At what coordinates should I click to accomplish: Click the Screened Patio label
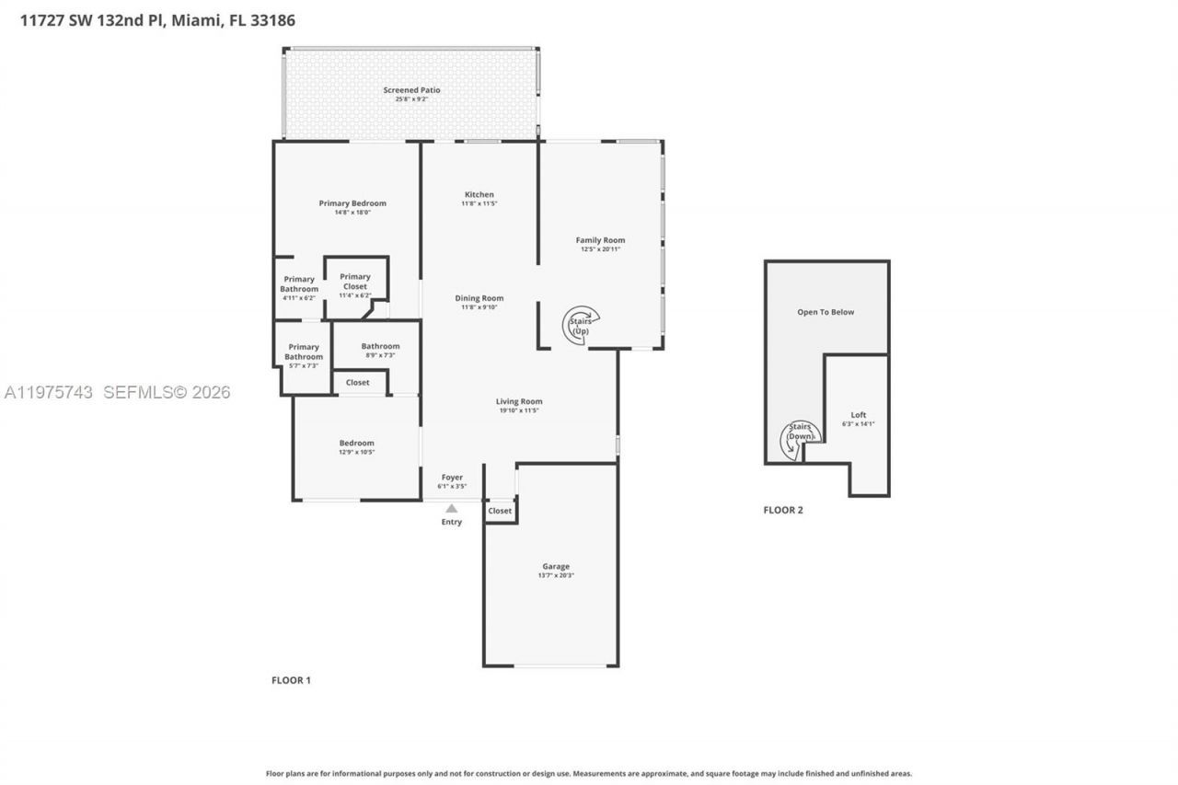pyautogui.click(x=411, y=90)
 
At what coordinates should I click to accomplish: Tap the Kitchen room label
pyautogui.click(x=479, y=194)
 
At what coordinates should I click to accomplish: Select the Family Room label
pyautogui.click(x=600, y=240)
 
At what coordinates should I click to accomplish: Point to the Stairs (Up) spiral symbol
pyautogui.click(x=581, y=325)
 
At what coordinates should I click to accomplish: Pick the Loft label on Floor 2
pyautogui.click(x=858, y=415)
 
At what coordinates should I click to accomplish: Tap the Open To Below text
pyautogui.click(x=826, y=312)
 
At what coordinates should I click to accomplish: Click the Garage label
pyautogui.click(x=555, y=567)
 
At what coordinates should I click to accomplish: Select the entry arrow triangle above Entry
pyautogui.click(x=451, y=508)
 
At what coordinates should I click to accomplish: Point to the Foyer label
pyautogui.click(x=451, y=478)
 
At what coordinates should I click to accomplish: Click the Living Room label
pyautogui.click(x=519, y=401)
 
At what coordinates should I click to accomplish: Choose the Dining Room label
pyautogui.click(x=479, y=298)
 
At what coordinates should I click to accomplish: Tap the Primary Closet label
pyautogui.click(x=354, y=282)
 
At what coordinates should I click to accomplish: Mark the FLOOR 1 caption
pyautogui.click(x=291, y=680)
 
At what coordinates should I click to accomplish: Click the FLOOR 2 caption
pyautogui.click(x=783, y=510)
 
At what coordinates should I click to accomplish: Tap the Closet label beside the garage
pyautogui.click(x=500, y=511)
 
